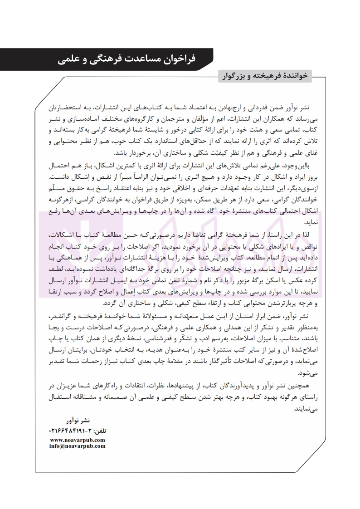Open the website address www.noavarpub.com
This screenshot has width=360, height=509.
point(77,440)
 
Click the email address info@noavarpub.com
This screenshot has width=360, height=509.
point(77,446)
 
